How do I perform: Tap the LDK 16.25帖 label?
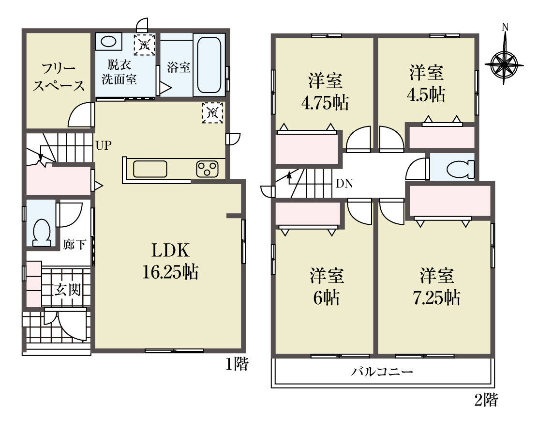click(170, 261)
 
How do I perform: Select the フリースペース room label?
click(59, 78)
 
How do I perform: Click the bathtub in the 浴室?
click(209, 65)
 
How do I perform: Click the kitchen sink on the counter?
click(150, 169)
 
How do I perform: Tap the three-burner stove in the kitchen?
click(207, 169)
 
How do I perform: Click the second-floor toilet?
click(460, 169)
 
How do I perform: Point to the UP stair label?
click(104, 146)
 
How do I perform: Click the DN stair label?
click(344, 184)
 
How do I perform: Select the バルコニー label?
click(382, 372)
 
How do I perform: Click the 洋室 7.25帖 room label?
click(437, 287)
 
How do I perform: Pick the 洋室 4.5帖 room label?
click(426, 83)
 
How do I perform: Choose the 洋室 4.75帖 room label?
click(325, 92)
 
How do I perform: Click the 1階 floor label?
click(237, 364)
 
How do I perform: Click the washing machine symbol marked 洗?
click(144, 44)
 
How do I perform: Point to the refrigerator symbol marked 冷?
click(212, 113)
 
